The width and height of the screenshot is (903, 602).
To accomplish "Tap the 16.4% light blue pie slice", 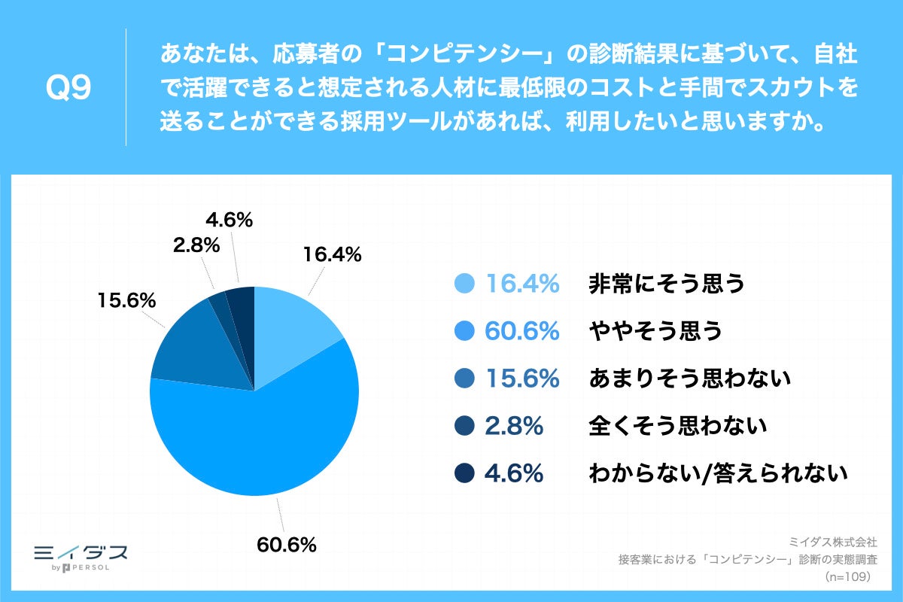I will tap(293, 331).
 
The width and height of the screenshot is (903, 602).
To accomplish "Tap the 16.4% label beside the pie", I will tap(332, 255).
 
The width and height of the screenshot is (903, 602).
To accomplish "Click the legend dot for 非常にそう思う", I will tap(465, 284).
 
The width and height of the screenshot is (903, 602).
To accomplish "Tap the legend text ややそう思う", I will tap(655, 331).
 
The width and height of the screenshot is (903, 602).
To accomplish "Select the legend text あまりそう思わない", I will tap(689, 379).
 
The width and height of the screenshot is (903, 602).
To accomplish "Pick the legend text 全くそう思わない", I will tap(677, 426).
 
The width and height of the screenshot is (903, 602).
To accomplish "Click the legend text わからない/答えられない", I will tap(718, 473).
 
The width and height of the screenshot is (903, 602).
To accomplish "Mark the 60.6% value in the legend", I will tap(522, 331).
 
